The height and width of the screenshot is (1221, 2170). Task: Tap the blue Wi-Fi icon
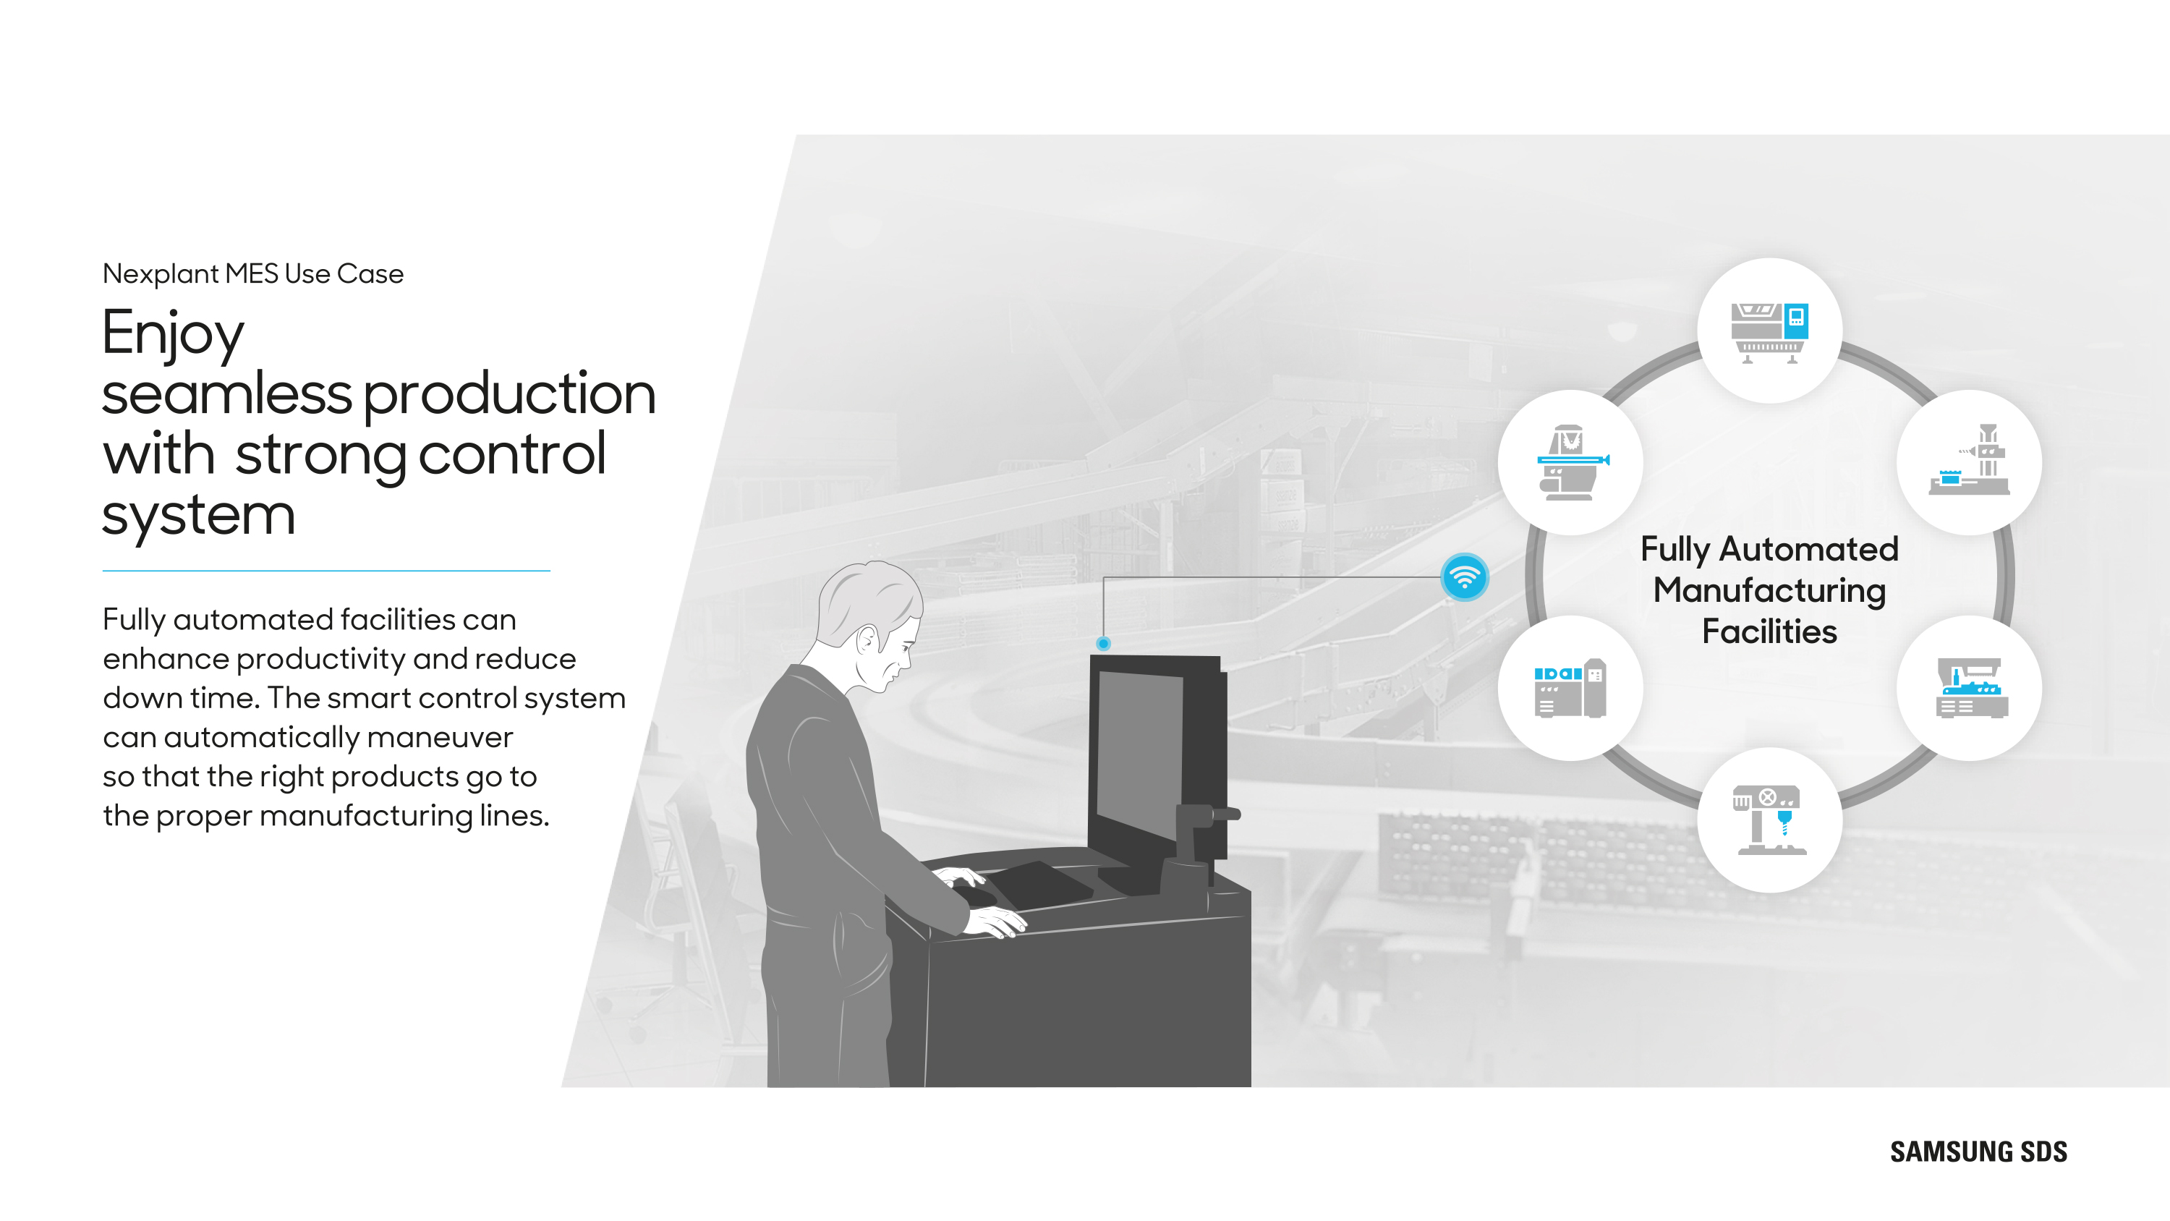pos(1465,577)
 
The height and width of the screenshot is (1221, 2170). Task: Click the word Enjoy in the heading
pos(173,334)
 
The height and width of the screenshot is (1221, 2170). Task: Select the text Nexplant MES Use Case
pos(252,274)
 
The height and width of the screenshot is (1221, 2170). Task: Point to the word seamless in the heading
pos(226,393)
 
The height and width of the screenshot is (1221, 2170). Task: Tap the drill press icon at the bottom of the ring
pos(1769,820)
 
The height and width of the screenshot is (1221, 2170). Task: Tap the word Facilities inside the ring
pos(1769,631)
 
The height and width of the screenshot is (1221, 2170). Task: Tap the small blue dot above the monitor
pos(1104,644)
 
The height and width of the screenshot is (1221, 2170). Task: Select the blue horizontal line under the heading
pos(326,571)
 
